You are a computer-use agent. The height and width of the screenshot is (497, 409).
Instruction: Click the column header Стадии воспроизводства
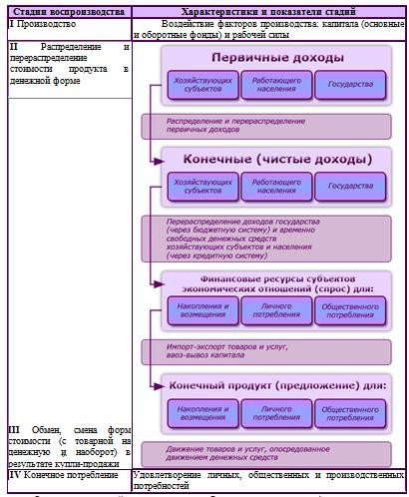[x=67, y=11]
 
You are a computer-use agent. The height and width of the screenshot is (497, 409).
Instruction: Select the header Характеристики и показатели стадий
[x=268, y=11]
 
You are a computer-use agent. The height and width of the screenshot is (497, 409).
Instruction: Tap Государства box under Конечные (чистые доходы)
[x=350, y=186]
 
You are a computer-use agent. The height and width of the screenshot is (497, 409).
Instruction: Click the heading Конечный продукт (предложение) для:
[x=271, y=383]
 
